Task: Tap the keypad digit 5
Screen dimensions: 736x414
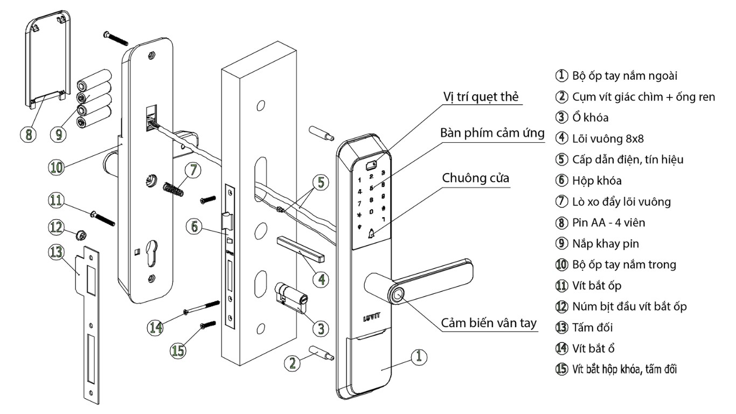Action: pyautogui.click(x=371, y=188)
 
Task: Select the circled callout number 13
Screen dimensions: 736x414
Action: pyautogui.click(x=56, y=252)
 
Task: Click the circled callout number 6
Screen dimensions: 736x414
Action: pyautogui.click(x=195, y=226)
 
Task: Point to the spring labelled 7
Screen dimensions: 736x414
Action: pyautogui.click(x=173, y=190)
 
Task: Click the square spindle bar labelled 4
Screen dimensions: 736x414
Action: pyautogui.click(x=300, y=248)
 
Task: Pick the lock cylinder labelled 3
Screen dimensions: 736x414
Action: pyautogui.click(x=291, y=297)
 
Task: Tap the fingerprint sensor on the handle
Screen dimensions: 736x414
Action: pyautogui.click(x=397, y=295)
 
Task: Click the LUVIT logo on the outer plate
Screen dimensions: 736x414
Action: pyautogui.click(x=372, y=318)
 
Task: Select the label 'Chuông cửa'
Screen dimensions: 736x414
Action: pyautogui.click(x=475, y=178)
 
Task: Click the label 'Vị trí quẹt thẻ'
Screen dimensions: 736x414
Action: pyautogui.click(x=481, y=96)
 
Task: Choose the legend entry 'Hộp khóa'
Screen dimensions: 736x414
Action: pyautogui.click(x=596, y=181)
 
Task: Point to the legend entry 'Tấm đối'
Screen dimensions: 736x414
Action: pyautogui.click(x=593, y=328)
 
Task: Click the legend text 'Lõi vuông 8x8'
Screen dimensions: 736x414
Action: pyautogui.click(x=608, y=139)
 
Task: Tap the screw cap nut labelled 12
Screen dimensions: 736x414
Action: pyautogui.click(x=81, y=235)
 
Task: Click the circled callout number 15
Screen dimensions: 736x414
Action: pyautogui.click(x=178, y=350)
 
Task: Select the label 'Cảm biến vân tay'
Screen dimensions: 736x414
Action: pyautogui.click(x=488, y=323)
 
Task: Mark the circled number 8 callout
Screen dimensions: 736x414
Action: pyautogui.click(x=29, y=134)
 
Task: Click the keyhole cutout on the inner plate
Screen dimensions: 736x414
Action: pyautogui.click(x=151, y=252)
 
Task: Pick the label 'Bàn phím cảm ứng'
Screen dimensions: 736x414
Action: pyautogui.click(x=492, y=133)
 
